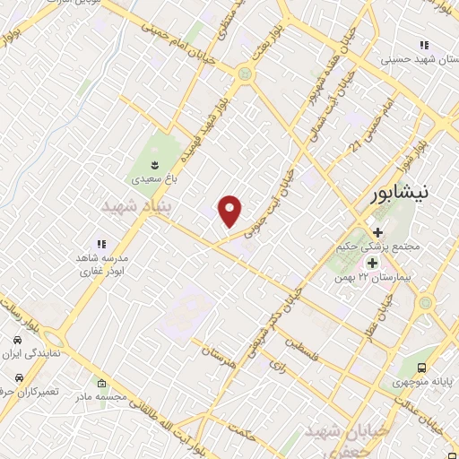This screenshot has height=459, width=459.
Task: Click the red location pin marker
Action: (x=231, y=211)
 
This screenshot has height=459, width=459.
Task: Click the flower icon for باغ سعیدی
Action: (x=155, y=164)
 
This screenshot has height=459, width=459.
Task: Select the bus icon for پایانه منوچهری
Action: (x=422, y=367)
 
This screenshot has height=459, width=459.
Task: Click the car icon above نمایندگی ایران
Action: (x=18, y=342)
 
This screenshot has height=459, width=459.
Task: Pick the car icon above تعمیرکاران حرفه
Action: (x=18, y=378)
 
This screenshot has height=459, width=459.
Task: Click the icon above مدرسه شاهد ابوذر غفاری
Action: (x=101, y=244)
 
